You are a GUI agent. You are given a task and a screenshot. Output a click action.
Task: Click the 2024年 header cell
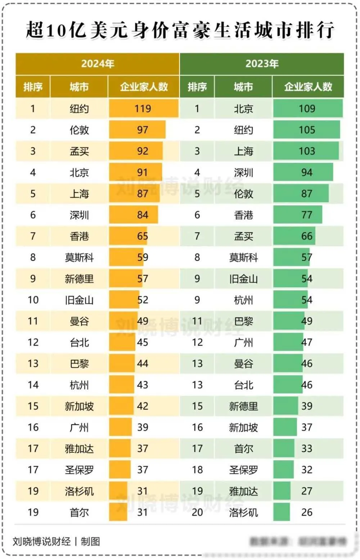pos(97,64)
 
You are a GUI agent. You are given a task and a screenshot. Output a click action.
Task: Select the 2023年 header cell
pos(262,64)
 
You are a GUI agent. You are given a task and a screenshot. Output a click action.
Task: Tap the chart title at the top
pos(180,30)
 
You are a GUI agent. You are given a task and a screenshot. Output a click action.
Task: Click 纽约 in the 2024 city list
pos(79,109)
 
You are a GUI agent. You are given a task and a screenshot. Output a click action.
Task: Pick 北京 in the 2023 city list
pos(243,109)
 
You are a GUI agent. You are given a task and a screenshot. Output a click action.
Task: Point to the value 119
pos(143,109)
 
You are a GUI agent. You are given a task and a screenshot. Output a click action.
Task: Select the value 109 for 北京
pos(307,109)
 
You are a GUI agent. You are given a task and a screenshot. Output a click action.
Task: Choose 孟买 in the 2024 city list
pos(79,151)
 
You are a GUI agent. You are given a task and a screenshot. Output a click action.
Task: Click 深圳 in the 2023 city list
pos(243,172)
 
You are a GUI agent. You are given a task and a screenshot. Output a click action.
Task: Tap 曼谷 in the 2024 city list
pos(79,321)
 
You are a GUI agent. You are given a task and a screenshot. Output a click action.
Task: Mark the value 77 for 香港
pos(307,215)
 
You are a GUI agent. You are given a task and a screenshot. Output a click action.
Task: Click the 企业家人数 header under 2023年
pos(308,87)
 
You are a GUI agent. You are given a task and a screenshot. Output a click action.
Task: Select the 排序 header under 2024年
pos(33,87)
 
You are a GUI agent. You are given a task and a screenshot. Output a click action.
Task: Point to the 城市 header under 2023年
pos(243,87)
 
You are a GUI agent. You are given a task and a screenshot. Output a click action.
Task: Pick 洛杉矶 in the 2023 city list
pos(243,512)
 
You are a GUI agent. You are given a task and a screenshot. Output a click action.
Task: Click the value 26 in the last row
pos(307,512)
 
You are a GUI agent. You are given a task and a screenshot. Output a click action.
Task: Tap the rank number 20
pos(197,512)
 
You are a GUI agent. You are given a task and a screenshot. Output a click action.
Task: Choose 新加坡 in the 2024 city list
pos(79,406)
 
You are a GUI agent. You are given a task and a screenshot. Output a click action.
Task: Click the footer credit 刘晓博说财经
pos(42,541)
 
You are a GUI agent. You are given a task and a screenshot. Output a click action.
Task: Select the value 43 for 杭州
pos(143,385)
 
